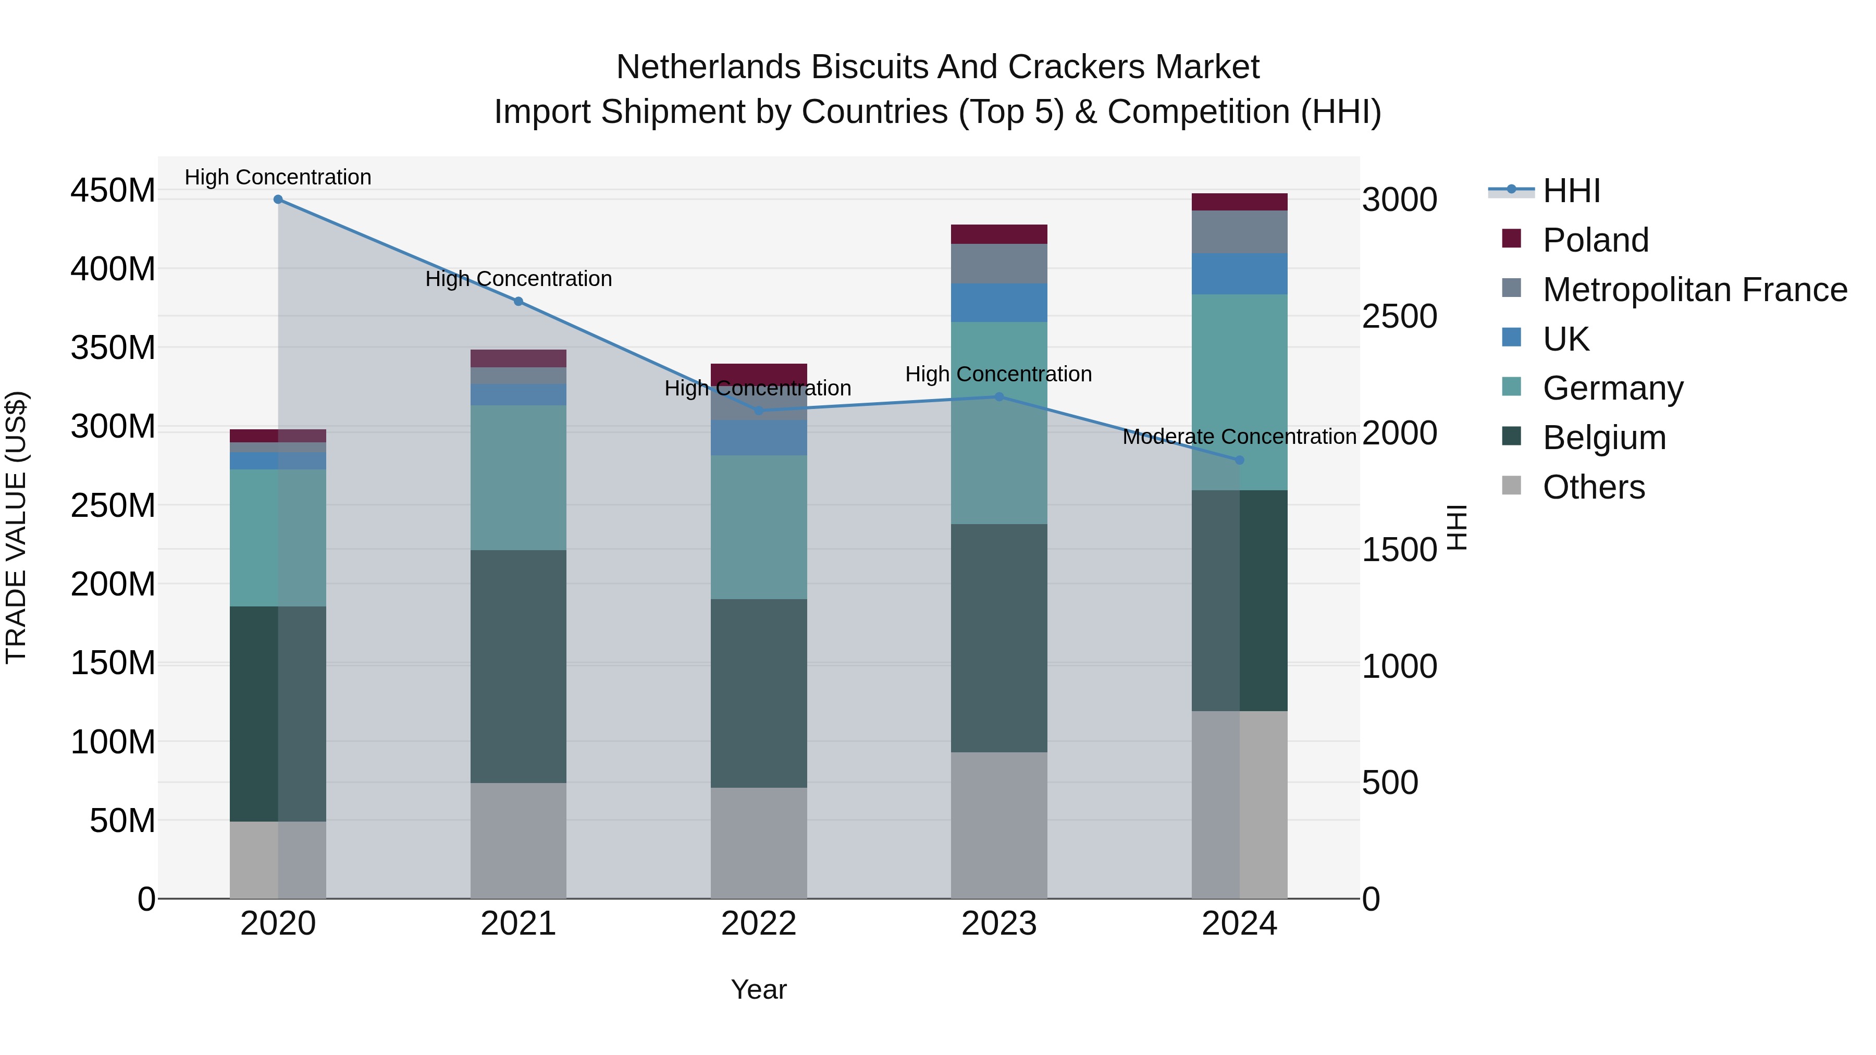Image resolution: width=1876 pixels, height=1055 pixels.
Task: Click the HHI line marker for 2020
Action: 278,200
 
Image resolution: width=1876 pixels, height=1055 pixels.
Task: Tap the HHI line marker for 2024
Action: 1240,460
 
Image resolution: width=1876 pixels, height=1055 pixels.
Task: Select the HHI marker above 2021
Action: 519,302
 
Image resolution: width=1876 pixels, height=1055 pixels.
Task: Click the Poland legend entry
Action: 1595,240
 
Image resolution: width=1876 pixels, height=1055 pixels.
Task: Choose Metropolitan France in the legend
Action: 1695,290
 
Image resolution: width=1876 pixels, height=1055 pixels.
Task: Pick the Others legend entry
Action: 1594,487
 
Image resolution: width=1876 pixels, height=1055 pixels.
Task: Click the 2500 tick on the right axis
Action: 1400,317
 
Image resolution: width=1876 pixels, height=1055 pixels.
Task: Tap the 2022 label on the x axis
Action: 759,924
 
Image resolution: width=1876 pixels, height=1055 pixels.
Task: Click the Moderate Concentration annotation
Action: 1240,437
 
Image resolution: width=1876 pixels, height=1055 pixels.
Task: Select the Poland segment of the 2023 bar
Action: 999,234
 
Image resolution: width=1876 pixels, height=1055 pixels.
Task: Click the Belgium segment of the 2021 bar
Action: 519,666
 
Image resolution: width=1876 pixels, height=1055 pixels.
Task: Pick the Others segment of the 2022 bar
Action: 759,842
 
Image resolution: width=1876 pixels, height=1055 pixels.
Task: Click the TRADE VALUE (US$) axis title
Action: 16,527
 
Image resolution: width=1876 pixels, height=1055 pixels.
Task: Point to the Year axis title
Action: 759,989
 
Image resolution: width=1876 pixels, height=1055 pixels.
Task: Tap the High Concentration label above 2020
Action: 278,177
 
